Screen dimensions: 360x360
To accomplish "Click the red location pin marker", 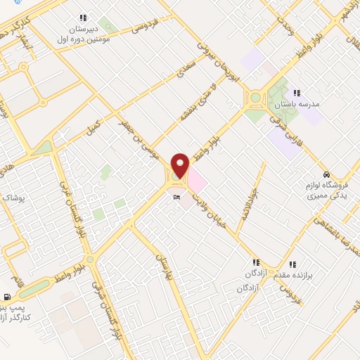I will [181, 165].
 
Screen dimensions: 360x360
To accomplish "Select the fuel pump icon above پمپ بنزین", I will [7, 297].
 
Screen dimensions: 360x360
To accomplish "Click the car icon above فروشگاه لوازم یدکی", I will [326, 174].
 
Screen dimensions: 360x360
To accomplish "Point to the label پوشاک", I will [13, 198].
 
